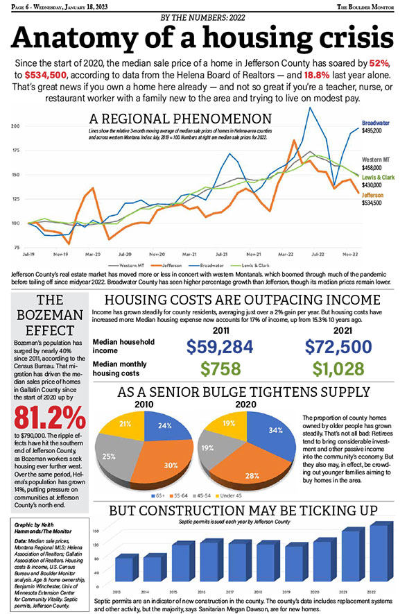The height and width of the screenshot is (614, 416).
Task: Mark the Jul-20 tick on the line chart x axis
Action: pos(125,255)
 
